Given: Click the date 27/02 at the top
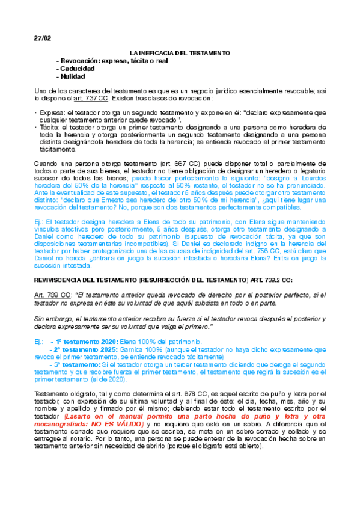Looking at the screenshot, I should click(x=42, y=38).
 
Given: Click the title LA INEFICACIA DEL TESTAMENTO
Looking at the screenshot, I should click(x=180, y=54).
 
